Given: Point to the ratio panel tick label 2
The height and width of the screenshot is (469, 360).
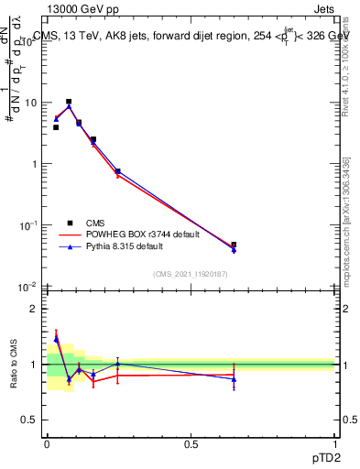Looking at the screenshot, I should click(34, 309).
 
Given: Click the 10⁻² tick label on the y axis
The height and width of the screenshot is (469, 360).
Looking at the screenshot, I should click(27, 286).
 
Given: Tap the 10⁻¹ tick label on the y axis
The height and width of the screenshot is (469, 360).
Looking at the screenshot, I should click(27, 225).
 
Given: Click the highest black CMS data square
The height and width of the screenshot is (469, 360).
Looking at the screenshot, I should click(69, 102).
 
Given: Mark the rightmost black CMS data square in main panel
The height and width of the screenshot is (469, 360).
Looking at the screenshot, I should click(234, 245).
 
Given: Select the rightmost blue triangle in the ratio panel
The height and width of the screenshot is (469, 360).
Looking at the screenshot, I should click(234, 379).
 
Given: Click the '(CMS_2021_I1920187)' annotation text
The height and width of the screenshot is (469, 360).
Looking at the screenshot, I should click(190, 273).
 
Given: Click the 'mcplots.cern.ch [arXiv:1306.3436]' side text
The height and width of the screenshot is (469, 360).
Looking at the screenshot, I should click(346, 220).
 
